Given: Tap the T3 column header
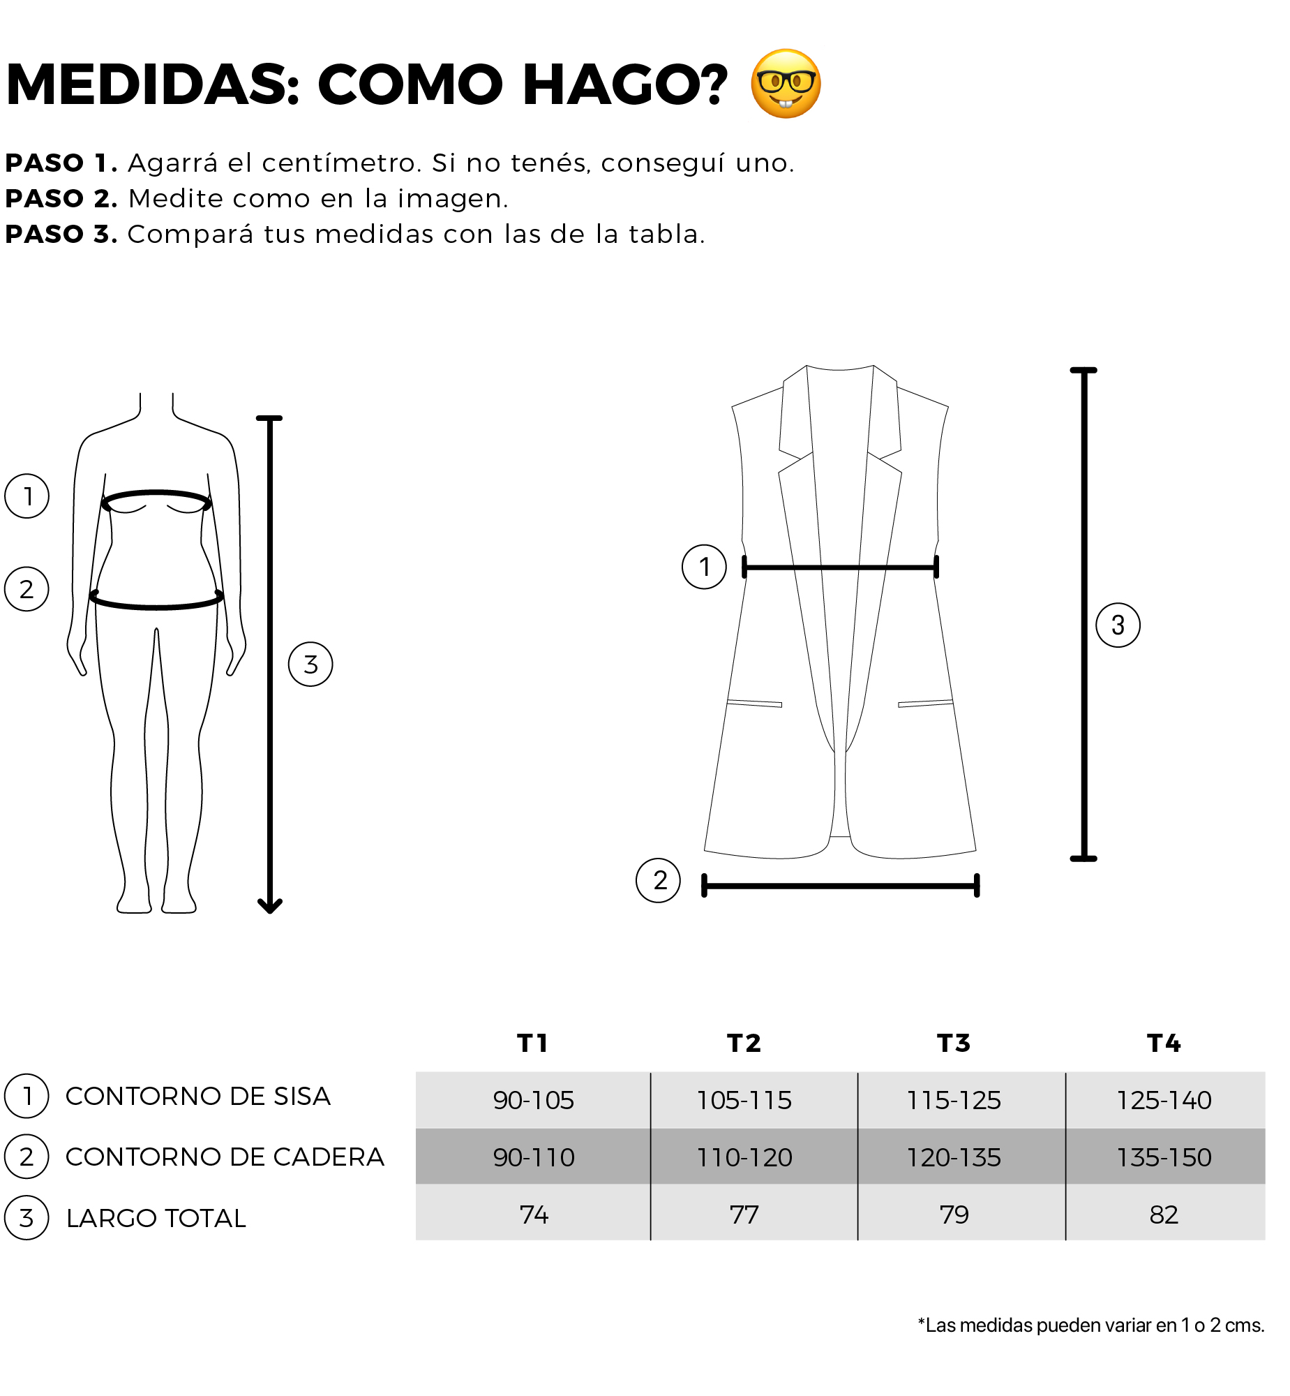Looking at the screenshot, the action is (954, 1044).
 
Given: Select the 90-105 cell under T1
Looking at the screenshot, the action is (533, 1101).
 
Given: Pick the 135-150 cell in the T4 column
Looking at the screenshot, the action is (1164, 1158).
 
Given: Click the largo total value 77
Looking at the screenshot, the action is (744, 1215).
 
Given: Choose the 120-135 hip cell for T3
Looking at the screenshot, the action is (954, 1158).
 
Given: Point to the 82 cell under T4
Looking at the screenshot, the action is (1164, 1215).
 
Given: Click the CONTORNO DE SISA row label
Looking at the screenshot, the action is (197, 1097).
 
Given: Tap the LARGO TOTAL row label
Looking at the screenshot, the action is (156, 1219).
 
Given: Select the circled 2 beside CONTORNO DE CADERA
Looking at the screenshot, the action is (27, 1157).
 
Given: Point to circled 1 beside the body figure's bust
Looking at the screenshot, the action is (27, 496).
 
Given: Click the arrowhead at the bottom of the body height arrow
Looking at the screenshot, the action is (269, 907).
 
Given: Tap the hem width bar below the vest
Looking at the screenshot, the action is (841, 886).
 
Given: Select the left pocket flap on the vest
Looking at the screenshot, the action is (755, 704).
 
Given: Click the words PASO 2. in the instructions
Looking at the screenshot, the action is (61, 199).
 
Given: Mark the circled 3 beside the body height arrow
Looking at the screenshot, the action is (310, 664).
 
